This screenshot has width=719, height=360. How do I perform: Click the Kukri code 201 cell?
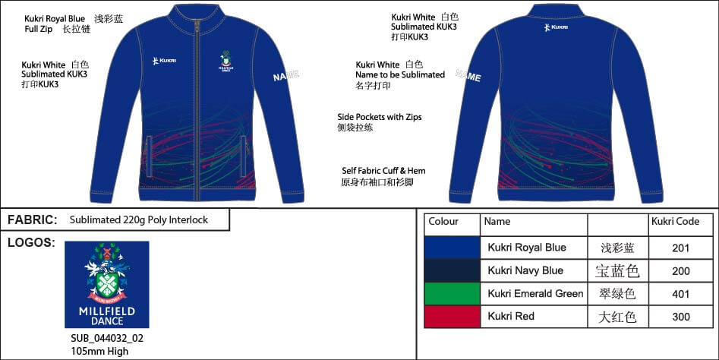point(681,248)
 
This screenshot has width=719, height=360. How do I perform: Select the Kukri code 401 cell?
point(681,293)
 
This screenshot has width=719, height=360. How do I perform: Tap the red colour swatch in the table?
point(452,316)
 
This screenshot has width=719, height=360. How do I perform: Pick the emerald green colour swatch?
point(452,293)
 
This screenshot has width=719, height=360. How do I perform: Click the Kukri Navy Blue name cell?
point(525,270)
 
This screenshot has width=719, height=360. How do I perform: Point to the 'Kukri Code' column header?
point(675,222)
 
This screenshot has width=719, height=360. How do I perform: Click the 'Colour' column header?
point(443,222)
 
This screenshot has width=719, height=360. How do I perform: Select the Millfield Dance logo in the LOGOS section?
point(106,284)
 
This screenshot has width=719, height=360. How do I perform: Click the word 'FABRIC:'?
point(33,220)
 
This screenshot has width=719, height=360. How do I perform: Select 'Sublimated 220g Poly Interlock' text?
point(138,220)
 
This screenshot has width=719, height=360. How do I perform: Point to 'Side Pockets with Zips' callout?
point(379,117)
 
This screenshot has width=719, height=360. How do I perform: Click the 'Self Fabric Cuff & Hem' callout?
point(381,171)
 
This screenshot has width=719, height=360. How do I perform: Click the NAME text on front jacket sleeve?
point(286,75)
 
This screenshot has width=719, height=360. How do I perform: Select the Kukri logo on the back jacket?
point(556,28)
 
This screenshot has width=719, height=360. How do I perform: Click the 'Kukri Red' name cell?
point(511,316)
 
